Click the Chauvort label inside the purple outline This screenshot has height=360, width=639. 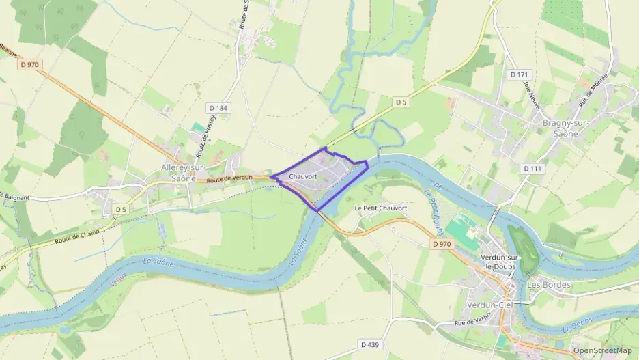[x=302, y=176]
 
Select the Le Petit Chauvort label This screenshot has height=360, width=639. [x=380, y=208]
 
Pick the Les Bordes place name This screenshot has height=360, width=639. [x=548, y=284]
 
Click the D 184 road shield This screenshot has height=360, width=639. [x=218, y=107]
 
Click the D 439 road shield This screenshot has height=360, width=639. [x=369, y=344]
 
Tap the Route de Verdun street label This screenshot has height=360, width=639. [x=229, y=178]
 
